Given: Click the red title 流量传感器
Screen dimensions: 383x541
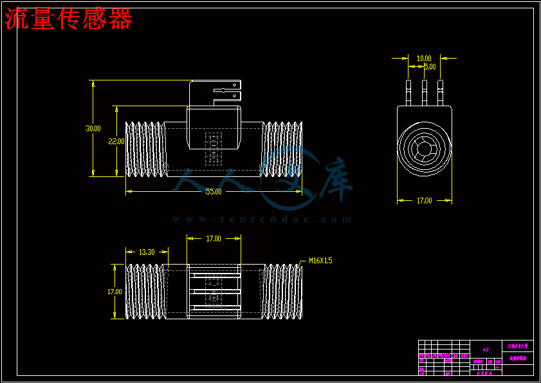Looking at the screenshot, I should [x=69, y=20].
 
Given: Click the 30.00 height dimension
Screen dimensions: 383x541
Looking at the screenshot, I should [x=93, y=128].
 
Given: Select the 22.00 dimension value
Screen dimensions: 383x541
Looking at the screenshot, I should [x=116, y=141].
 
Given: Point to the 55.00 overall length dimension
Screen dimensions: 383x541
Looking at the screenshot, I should [x=214, y=192].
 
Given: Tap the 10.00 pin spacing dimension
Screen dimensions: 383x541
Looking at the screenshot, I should [x=424, y=59].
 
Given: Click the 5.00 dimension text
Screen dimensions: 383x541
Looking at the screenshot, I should [x=429, y=66].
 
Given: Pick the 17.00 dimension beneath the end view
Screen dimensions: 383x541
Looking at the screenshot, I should [x=424, y=201].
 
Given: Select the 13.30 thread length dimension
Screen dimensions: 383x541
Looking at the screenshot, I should [x=147, y=252].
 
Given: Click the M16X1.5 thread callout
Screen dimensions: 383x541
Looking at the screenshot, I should [x=320, y=261].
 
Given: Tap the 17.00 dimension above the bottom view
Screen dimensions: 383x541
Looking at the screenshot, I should [x=214, y=239].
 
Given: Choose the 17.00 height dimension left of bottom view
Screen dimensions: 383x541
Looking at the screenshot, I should [x=115, y=292].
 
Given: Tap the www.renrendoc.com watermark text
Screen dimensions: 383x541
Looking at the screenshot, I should [x=262, y=219].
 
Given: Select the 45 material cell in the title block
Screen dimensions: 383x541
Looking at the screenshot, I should [x=486, y=350].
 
